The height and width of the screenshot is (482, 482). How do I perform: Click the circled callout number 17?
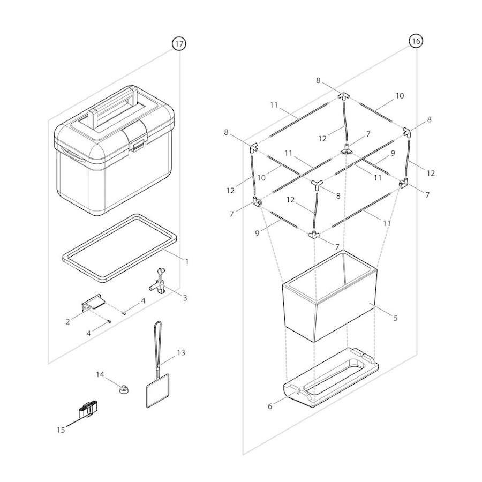tap(179, 44)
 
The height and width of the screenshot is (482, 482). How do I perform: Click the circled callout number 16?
tap(416, 41)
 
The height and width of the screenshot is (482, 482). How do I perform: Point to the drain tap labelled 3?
tap(160, 283)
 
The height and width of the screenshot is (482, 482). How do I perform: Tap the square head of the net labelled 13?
tap(157, 390)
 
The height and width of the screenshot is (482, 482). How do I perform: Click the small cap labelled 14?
tap(125, 388)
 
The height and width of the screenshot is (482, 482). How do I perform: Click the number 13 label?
tap(181, 352)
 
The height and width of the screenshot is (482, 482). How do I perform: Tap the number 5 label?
tap(395, 318)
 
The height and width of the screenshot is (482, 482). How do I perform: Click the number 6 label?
tap(270, 406)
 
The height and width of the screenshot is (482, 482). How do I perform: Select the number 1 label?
tap(187, 261)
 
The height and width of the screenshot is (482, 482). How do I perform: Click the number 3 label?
tap(185, 298)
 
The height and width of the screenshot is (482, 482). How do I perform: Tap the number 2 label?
tap(68, 322)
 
